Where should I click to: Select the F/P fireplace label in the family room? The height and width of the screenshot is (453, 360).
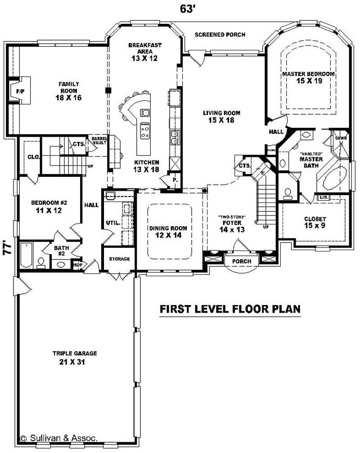(x=20, y=91)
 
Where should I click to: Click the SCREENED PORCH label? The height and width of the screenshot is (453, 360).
(x=220, y=35)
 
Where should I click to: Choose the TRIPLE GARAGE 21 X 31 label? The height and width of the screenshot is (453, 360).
(x=74, y=358)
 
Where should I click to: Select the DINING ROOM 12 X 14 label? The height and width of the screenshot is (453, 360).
(x=168, y=232)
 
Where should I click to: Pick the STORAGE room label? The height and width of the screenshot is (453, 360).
(x=119, y=259)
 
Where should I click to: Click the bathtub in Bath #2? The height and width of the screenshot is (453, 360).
(x=27, y=255)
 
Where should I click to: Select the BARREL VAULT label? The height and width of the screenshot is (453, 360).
(x=99, y=140)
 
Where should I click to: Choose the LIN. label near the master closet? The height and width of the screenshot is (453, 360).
(x=323, y=197)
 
